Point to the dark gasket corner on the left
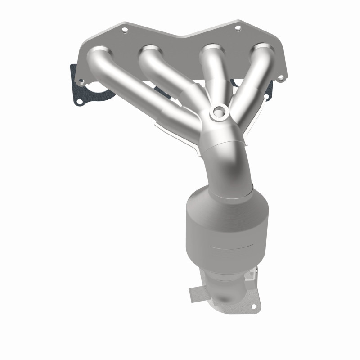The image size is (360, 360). (x=73, y=72)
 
